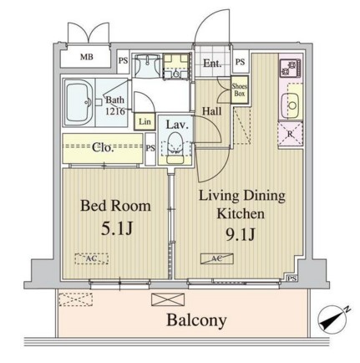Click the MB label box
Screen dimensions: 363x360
pos(87,58)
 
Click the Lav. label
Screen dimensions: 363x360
pos(175,126)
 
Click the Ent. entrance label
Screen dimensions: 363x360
pos(210,63)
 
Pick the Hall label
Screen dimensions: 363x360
pos(210,110)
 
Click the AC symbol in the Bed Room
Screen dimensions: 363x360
pos(87,258)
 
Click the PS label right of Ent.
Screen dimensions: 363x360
pos(240,63)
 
